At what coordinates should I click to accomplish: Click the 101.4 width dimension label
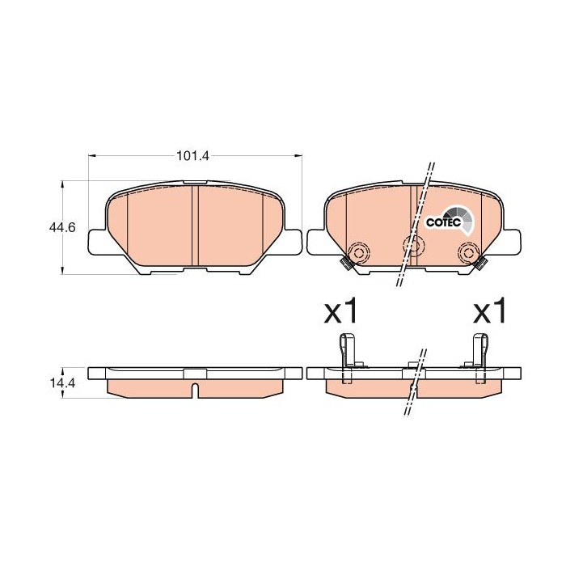pyautogui.click(x=192, y=156)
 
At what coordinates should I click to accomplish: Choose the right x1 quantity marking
pyautogui.click(x=489, y=311)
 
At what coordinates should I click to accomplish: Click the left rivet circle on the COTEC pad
pyautogui.click(x=357, y=252)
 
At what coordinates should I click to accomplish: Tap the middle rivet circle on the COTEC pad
pyautogui.click(x=412, y=245)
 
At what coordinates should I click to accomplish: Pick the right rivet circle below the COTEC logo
pyautogui.click(x=467, y=252)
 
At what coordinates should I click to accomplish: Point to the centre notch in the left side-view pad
pyautogui.click(x=194, y=390)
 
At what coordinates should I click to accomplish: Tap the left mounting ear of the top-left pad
pyautogui.click(x=95, y=242)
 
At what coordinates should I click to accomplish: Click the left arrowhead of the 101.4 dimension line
pyautogui.click(x=91, y=156)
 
